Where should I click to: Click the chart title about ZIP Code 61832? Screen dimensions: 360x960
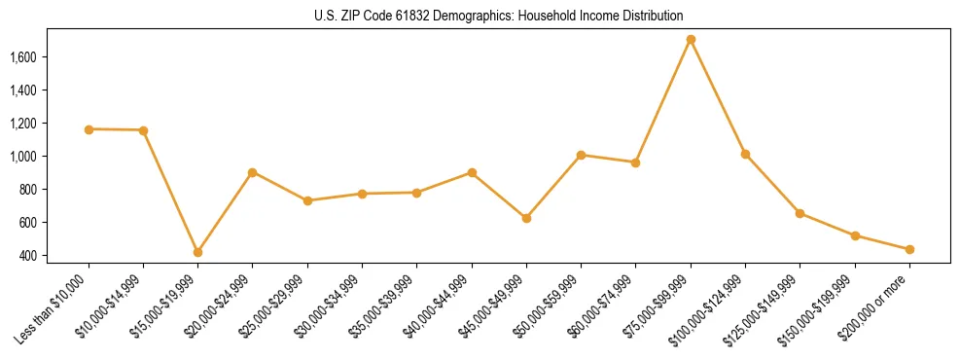click(499, 16)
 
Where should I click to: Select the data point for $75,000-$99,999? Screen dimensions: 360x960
click(691, 40)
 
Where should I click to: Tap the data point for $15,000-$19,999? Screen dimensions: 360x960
click(197, 252)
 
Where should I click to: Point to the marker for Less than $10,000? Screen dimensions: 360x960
click(89, 129)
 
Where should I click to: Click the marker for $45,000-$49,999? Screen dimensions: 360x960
click(526, 218)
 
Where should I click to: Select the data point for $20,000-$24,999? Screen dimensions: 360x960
click(253, 172)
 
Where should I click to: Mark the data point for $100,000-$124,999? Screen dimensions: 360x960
click(745, 154)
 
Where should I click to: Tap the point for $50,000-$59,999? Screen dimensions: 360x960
click(581, 155)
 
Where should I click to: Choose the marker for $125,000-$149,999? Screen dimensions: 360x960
click(800, 213)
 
